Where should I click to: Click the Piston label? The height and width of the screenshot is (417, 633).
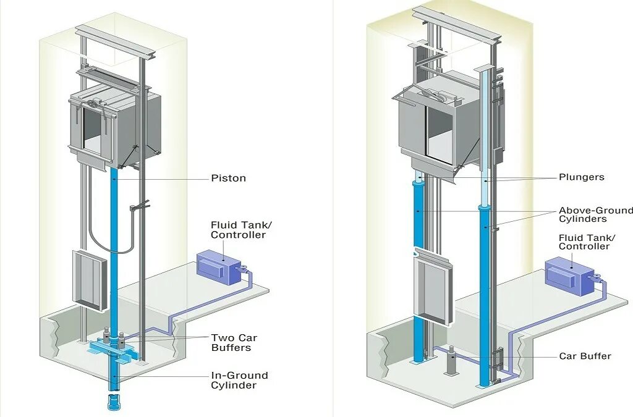tap(228, 179)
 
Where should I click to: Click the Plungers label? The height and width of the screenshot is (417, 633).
tap(581, 177)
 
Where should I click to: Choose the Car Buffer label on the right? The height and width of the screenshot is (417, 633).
tap(585, 356)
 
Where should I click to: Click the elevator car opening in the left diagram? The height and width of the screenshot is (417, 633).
tap(93, 131)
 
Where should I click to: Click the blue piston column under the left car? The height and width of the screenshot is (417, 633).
tap(114, 247)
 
